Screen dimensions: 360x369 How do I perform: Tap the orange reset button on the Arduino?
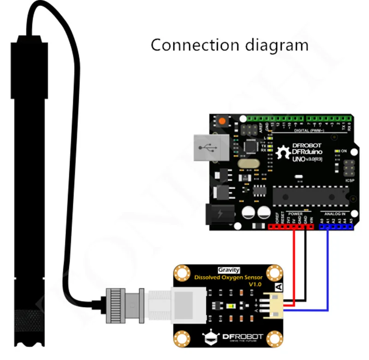(223, 122)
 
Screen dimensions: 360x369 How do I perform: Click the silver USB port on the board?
(210, 148)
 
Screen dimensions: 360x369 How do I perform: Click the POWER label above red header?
(295, 214)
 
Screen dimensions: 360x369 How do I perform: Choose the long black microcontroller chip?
(308, 195)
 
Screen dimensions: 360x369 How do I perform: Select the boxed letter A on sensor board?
(278, 286)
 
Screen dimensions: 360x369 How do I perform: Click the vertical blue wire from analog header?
(327, 267)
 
